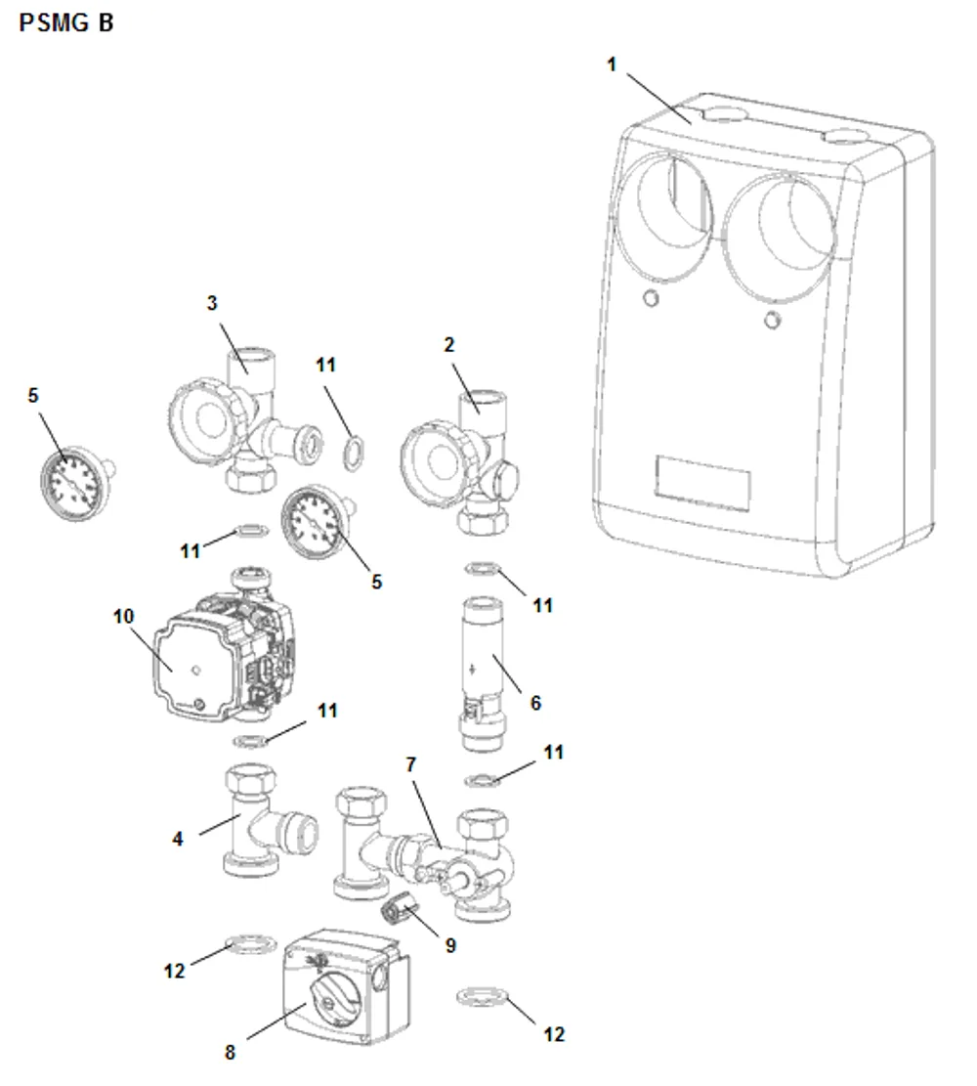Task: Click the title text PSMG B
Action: (65, 22)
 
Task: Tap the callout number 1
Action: (612, 65)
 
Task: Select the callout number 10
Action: (123, 616)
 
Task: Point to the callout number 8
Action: (230, 1053)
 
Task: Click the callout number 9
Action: (450, 945)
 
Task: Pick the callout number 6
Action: (535, 703)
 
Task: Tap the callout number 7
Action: (410, 764)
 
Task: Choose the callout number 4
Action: (178, 839)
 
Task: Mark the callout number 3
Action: (212, 303)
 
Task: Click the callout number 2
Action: (448, 344)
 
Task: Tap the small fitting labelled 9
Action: (400, 911)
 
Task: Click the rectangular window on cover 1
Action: (702, 483)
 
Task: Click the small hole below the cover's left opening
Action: (651, 298)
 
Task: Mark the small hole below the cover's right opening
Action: (772, 320)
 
